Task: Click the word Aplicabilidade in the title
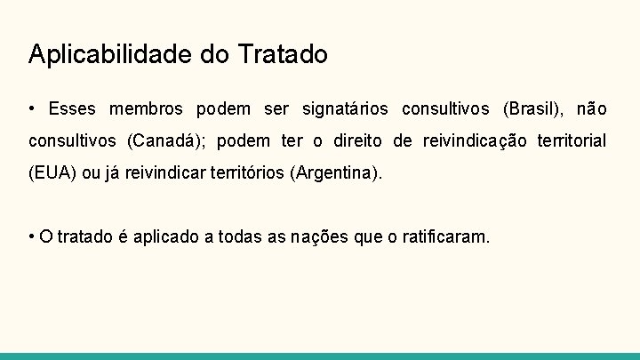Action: (x=111, y=55)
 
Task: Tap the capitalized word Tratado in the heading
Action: (x=283, y=54)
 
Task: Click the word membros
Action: (x=146, y=109)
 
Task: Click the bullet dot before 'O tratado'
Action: (x=32, y=237)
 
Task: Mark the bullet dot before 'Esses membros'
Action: (x=32, y=109)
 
